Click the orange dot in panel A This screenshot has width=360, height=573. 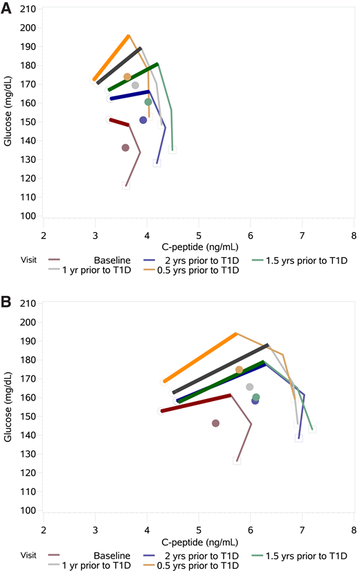coord(127,77)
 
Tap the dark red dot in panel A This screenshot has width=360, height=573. coord(125,148)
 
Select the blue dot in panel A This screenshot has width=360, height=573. coord(143,120)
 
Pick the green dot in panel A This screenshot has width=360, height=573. coord(148,102)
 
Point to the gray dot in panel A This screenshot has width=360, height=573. coord(136,85)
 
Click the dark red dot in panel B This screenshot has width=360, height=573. coord(215,423)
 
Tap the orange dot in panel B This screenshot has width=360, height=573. coord(240,370)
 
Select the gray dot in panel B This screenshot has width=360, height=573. coord(249,387)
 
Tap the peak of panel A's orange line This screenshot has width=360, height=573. coord(129,35)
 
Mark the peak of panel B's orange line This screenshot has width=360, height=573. coord(236,333)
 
